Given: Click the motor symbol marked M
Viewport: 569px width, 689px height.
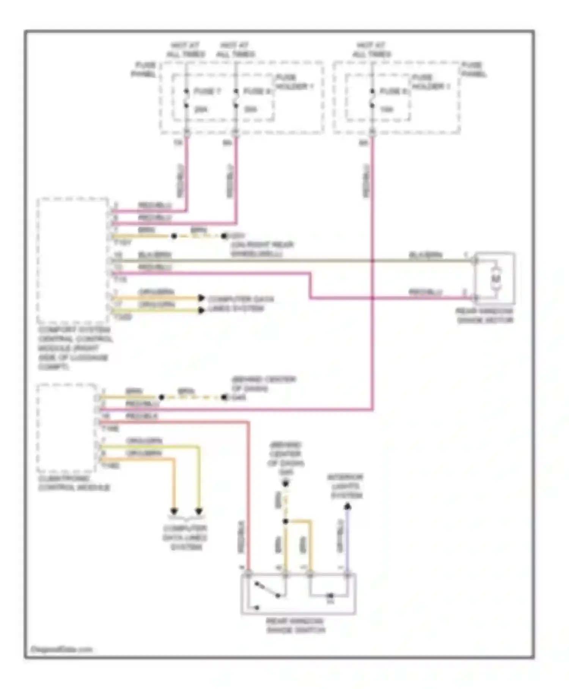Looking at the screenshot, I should (496, 279).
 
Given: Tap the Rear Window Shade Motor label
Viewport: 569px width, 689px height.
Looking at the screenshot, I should (485, 316).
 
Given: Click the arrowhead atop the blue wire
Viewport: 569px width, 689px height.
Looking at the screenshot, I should (347, 507).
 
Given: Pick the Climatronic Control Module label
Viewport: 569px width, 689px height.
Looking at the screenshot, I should (74, 483).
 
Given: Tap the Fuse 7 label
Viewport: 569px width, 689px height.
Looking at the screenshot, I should (207, 91).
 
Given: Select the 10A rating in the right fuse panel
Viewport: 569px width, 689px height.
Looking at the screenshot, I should (387, 109).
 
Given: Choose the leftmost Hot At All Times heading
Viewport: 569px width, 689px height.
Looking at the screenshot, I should (185, 50).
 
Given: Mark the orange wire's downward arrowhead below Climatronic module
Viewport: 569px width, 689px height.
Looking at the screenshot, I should (174, 511).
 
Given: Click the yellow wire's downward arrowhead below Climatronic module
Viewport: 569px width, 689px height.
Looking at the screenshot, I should (199, 511).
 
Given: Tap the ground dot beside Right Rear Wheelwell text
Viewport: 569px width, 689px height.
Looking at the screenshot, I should (224, 236).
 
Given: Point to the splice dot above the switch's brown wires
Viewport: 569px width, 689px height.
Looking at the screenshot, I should (286, 521).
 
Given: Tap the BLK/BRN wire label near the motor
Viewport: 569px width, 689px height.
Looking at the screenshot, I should (425, 255).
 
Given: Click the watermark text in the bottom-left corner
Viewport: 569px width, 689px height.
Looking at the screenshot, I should (61, 649).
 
